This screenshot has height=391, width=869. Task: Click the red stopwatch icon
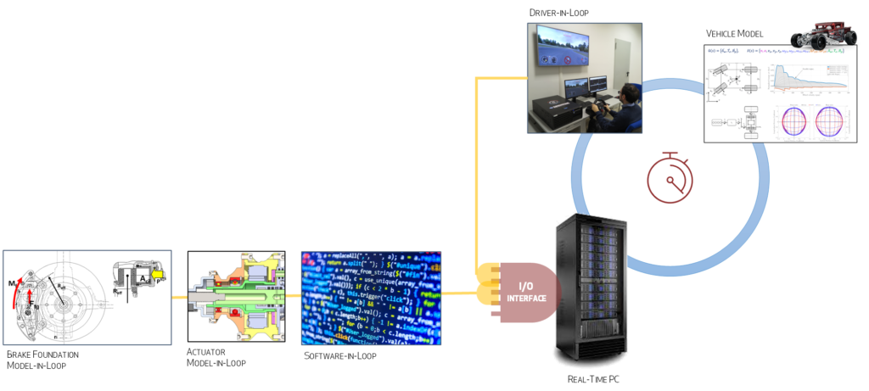[x=670, y=176]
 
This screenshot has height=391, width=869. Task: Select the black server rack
[x=591, y=289]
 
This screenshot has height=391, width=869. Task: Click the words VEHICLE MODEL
[x=735, y=34]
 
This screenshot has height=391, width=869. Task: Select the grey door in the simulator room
[x=623, y=59]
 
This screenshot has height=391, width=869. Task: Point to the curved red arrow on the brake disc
[x=24, y=285]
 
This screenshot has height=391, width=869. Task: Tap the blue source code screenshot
[x=371, y=297]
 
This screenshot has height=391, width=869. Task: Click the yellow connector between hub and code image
[x=293, y=297]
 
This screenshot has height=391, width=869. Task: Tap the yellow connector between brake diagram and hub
[x=179, y=297]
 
